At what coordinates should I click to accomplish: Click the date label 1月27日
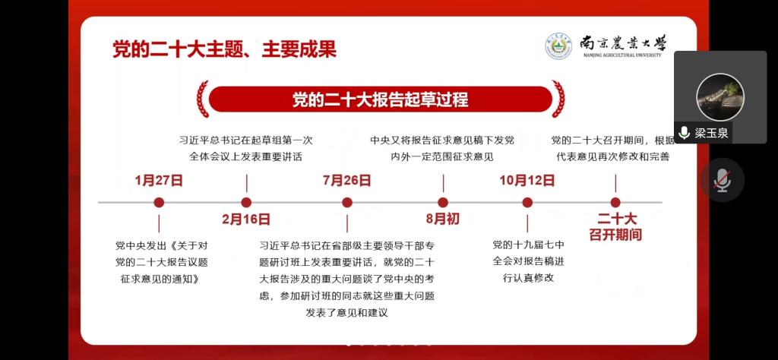159,180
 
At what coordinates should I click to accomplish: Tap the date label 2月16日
246,219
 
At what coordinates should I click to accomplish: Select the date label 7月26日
346,180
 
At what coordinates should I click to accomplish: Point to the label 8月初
443,219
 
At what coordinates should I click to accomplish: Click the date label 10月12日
527,180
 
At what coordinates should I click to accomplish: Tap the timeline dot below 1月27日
159,202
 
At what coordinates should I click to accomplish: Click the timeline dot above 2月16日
246,202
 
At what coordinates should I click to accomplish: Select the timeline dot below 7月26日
347,202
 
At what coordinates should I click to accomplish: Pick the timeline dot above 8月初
443,202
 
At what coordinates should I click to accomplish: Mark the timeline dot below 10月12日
527,202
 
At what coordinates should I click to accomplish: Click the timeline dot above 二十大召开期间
615,202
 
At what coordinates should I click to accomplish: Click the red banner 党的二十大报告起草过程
381,99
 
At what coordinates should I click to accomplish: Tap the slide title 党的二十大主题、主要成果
225,49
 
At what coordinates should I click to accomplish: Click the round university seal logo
559,46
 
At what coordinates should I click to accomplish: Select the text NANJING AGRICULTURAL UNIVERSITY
623,55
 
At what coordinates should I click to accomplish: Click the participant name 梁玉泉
711,133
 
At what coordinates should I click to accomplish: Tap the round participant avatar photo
720,97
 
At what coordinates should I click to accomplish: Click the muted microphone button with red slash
723,180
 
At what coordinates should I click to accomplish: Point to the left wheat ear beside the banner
202,99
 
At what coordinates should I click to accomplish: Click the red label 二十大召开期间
615,226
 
